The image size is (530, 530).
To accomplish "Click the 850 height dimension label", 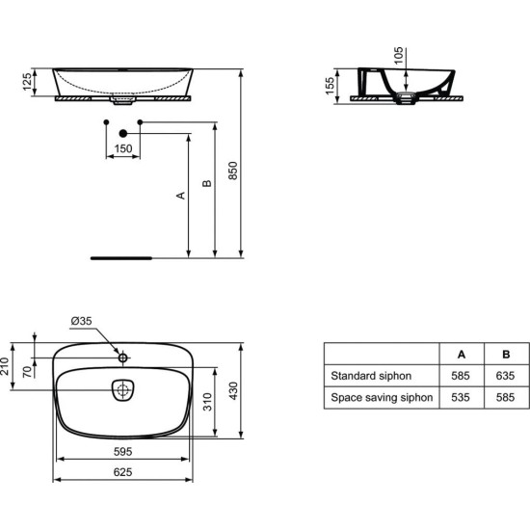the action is [x=233, y=171].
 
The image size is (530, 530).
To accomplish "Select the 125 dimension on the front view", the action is [x=27, y=82].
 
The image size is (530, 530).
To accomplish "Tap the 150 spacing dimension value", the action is [x=123, y=148].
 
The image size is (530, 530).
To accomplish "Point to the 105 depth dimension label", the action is [x=399, y=56].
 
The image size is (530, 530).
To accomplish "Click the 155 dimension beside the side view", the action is [x=330, y=86].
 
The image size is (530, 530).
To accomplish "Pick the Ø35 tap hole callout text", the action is [x=82, y=321].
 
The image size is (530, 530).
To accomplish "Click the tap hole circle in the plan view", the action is [x=123, y=358].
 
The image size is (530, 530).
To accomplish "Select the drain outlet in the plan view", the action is [x=122, y=390].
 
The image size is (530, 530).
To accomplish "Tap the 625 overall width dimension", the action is [x=122, y=472].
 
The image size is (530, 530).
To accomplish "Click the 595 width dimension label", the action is [x=122, y=452].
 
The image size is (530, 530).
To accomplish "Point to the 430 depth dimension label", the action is [x=233, y=391].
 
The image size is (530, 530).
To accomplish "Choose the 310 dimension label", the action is [x=207, y=402].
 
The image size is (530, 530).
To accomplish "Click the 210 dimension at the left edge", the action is [x=5, y=366].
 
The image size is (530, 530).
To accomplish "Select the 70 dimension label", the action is [x=28, y=371].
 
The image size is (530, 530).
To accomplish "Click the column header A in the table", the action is [x=462, y=355].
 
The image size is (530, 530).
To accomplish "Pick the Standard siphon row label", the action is [x=371, y=376].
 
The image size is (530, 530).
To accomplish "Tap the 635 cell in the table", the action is [x=505, y=376].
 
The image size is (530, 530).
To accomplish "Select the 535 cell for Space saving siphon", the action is [x=461, y=397].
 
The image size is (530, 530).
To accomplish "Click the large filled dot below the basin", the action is [x=123, y=134].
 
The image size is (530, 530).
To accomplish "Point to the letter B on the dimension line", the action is [x=207, y=183].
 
